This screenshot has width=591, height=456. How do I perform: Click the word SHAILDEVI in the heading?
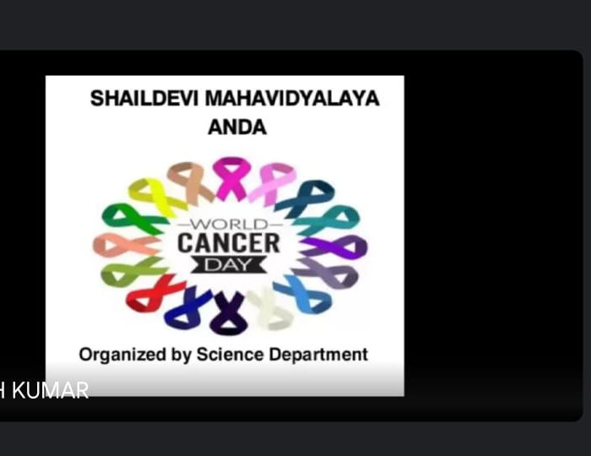(x=144, y=98)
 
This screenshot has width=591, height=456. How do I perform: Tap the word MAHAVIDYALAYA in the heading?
(x=292, y=98)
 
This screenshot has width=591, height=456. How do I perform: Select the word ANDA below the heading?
(x=237, y=127)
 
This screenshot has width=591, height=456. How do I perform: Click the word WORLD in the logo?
(x=230, y=225)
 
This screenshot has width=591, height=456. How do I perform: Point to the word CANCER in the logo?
(x=229, y=243)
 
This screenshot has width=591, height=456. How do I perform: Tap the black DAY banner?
(x=229, y=264)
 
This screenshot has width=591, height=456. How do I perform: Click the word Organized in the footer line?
(x=122, y=355)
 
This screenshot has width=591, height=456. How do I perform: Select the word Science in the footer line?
(x=230, y=355)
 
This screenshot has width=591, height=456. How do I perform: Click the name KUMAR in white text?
(x=50, y=390)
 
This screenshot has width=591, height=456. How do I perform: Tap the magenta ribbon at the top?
(x=230, y=178)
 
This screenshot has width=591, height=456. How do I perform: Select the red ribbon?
(x=154, y=293)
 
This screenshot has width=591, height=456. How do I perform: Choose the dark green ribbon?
(x=133, y=218)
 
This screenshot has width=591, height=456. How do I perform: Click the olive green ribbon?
(x=132, y=270)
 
